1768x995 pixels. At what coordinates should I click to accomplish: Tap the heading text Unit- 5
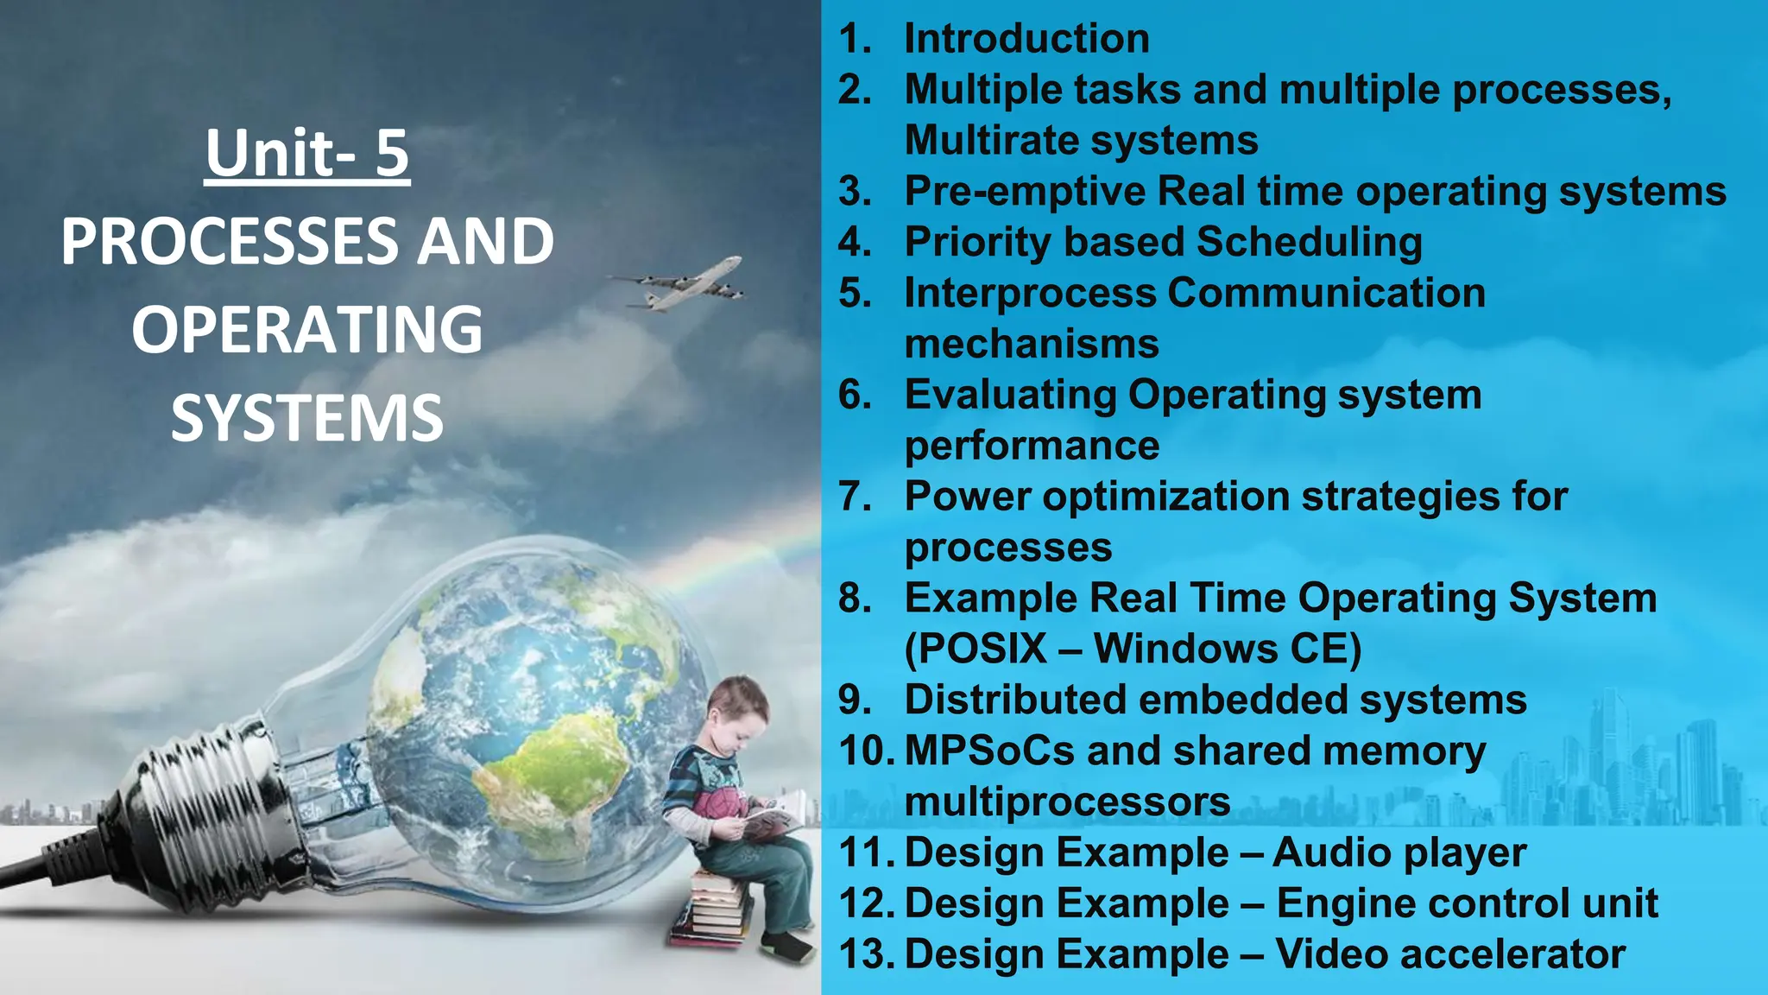(x=307, y=154)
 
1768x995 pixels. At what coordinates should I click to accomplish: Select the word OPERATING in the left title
(x=307, y=330)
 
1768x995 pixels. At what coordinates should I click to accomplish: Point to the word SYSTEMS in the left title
(x=307, y=418)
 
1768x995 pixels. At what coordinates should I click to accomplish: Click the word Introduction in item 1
(x=1026, y=39)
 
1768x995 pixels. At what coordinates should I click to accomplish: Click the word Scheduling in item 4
(x=1309, y=243)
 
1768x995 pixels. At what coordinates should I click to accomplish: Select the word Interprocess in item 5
(x=1030, y=294)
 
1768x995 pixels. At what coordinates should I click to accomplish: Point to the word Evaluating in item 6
(x=1010, y=396)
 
